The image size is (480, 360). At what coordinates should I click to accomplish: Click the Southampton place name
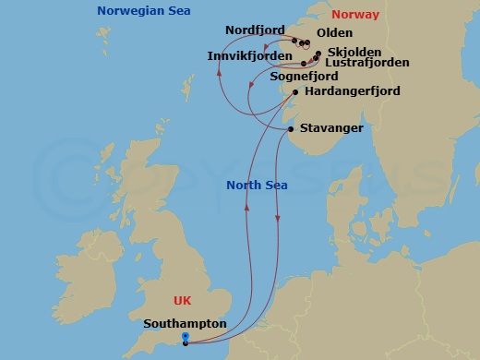click(x=186, y=324)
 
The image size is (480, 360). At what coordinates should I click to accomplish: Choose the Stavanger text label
click(x=330, y=127)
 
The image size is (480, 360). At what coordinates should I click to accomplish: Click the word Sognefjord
click(x=304, y=77)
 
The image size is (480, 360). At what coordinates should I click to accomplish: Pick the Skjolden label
click(x=354, y=54)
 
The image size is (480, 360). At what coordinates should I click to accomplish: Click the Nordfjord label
click(x=255, y=30)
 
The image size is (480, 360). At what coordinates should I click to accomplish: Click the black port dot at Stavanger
click(x=291, y=129)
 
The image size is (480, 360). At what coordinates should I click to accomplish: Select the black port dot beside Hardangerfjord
click(x=294, y=91)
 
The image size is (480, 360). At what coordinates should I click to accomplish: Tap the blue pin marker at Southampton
click(x=185, y=337)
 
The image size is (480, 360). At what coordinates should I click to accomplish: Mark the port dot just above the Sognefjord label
click(x=305, y=64)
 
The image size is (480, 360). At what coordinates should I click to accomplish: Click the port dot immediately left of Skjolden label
click(x=318, y=54)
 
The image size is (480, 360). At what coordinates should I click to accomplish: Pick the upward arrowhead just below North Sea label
click(x=246, y=207)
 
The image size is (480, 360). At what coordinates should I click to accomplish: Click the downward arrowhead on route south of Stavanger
click(x=278, y=219)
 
